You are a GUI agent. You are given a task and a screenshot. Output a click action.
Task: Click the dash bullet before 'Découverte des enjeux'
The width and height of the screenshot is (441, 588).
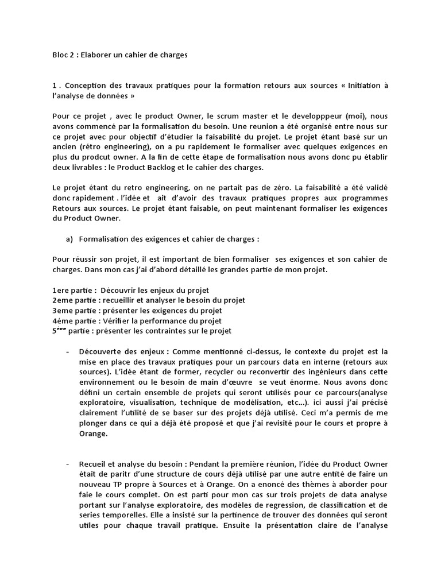68,351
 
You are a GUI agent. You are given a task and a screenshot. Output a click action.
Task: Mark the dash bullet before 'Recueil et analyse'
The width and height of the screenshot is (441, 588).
68,463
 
